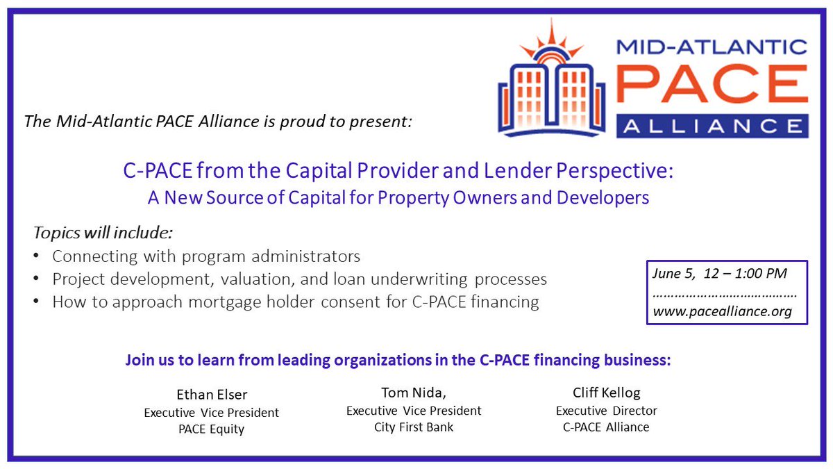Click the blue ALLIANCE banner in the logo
pyautogui.click(x=711, y=126)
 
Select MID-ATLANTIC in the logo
pyautogui.click(x=711, y=47)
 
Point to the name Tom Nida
pyautogui.click(x=413, y=394)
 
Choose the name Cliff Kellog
pyautogui.click(x=606, y=394)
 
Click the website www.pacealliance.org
pyautogui.click(x=722, y=311)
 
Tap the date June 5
pyautogui.click(x=671, y=274)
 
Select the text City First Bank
pyautogui.click(x=414, y=427)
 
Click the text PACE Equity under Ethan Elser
pyautogui.click(x=212, y=429)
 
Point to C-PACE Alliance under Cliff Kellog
pyautogui.click(x=606, y=427)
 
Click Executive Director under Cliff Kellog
pyautogui.click(x=606, y=411)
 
